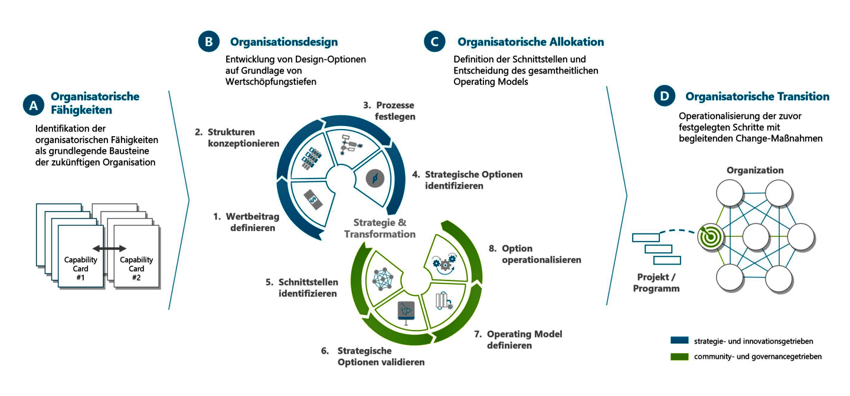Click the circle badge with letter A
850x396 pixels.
[34, 104]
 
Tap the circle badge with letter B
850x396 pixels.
[209, 41]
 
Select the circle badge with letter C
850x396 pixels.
[434, 41]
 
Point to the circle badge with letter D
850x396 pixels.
[665, 95]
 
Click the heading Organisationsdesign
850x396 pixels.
[284, 42]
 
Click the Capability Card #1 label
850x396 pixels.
[80, 268]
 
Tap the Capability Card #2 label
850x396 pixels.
[136, 268]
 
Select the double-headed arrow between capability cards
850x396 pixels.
[109, 249]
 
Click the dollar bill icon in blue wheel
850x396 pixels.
[313, 200]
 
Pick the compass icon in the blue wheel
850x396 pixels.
[375, 178]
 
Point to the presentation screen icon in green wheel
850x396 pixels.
[406, 313]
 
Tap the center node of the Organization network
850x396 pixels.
[756, 237]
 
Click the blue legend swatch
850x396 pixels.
[679, 340]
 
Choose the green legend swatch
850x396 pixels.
[679, 356]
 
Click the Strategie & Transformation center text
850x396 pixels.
[380, 228]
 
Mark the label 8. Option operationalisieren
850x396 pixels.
[535, 254]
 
